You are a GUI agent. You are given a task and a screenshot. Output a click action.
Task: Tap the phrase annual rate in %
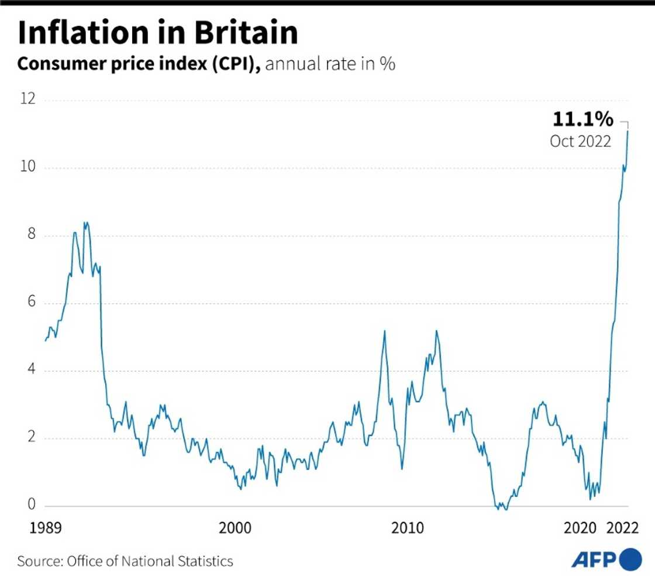click(x=330, y=64)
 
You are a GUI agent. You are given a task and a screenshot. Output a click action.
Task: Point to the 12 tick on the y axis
click(x=27, y=99)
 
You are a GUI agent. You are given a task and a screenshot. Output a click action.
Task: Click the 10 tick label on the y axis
click(x=27, y=167)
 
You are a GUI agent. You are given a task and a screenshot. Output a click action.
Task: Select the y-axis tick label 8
click(x=30, y=235)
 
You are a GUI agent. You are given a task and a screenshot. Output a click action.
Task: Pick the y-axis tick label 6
click(x=30, y=303)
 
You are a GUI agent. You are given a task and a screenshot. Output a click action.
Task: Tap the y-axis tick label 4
click(x=30, y=370)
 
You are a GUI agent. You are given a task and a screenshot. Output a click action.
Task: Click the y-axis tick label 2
click(x=30, y=438)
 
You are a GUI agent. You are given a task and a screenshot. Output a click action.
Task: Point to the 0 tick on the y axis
click(x=30, y=505)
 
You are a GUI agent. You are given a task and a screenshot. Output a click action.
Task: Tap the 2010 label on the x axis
click(x=408, y=529)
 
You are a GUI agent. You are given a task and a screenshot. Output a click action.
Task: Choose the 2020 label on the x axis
click(x=581, y=529)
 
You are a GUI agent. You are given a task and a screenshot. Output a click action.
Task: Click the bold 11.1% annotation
click(x=582, y=120)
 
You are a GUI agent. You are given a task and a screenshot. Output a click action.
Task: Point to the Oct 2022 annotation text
click(x=580, y=142)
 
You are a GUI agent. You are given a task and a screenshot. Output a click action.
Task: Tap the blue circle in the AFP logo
click(x=630, y=559)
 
